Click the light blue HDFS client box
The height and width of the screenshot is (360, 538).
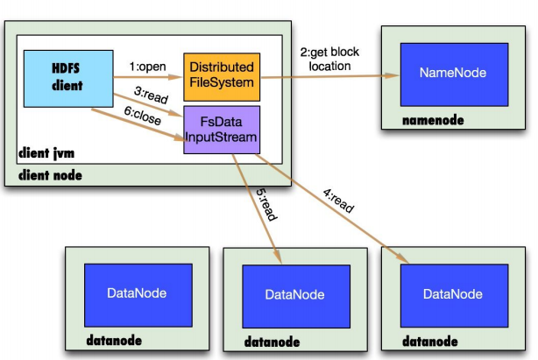point(68,79)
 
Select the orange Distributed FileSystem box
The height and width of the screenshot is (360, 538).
point(222,77)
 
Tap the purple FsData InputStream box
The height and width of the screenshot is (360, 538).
point(222,130)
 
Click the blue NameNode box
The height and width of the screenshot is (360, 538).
point(454,74)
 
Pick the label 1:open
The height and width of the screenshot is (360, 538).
point(147,67)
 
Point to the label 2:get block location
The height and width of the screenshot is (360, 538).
point(329,59)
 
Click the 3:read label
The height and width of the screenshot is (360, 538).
point(151,95)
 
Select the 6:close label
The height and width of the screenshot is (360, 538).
point(143,116)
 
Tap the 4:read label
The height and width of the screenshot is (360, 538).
point(338,201)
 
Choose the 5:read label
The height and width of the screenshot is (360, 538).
point(266,204)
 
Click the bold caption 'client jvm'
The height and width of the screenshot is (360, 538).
point(46,153)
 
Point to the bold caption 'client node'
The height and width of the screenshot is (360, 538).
point(50,175)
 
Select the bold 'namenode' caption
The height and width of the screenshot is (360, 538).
point(433,120)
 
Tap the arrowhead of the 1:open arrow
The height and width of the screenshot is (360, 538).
point(175,77)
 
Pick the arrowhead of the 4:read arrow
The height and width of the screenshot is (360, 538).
point(401,257)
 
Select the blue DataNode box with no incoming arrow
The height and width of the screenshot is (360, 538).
point(138,295)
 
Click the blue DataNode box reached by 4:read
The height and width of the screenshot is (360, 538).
point(454,295)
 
